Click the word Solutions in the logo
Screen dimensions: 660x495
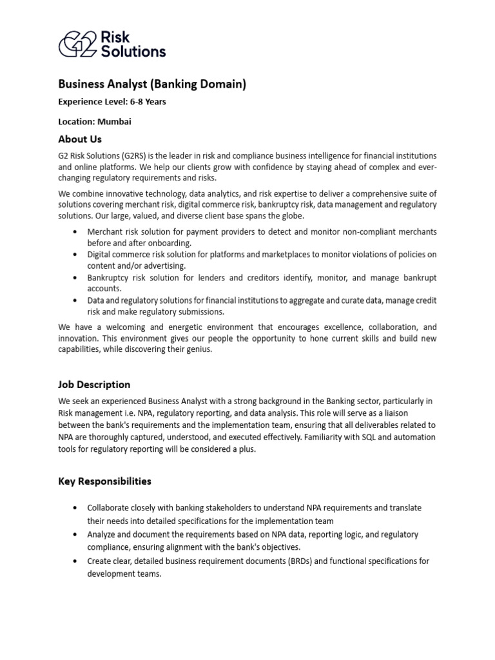pyautogui.click(x=133, y=51)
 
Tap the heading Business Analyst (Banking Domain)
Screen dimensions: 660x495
pyautogui.click(x=152, y=84)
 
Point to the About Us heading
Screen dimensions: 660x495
pyautogui.click(x=80, y=139)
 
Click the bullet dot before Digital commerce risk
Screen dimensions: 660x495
pyautogui.click(x=77, y=255)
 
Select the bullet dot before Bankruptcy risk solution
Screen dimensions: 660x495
pyautogui.click(x=77, y=278)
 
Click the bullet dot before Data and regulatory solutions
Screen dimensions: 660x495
pyautogui.click(x=77, y=301)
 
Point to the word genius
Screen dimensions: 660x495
pyautogui.click(x=198, y=349)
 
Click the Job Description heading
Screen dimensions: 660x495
pyautogui.click(x=94, y=385)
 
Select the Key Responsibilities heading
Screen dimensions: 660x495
pyautogui.click(x=104, y=481)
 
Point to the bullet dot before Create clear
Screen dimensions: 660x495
pyautogui.click(x=77, y=561)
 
